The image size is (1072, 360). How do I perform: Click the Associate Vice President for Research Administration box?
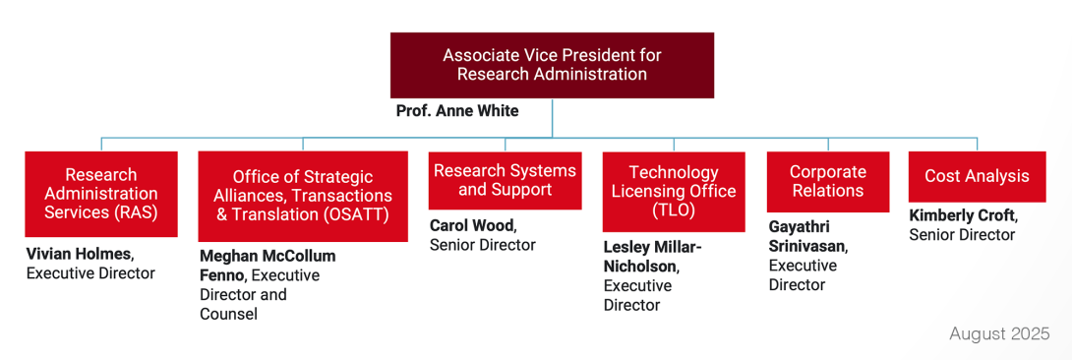pyautogui.click(x=552, y=65)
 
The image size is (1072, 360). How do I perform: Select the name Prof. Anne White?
pyautogui.click(x=457, y=111)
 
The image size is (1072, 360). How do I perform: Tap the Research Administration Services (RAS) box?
pyautogui.click(x=101, y=194)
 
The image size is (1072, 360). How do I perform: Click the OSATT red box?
pyautogui.click(x=303, y=196)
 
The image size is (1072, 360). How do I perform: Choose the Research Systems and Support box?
pyautogui.click(x=506, y=180)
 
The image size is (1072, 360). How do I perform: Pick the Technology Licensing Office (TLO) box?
pyautogui.click(x=674, y=192)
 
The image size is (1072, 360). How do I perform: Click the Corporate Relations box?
pyautogui.click(x=828, y=182)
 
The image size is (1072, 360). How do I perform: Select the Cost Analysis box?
pyautogui.click(x=977, y=176)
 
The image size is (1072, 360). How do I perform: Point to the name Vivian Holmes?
pyautogui.click(x=79, y=255)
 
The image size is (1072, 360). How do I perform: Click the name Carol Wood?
pyautogui.click(x=470, y=226)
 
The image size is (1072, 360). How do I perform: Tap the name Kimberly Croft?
pyautogui.click(x=963, y=215)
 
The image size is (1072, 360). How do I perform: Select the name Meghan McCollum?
pyautogui.click(x=268, y=256)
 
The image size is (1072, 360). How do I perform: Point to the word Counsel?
pyautogui.click(x=228, y=314)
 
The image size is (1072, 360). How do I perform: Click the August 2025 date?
pyautogui.click(x=999, y=334)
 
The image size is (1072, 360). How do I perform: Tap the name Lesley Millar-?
pyautogui.click(x=652, y=247)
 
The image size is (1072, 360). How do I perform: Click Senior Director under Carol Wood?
pyautogui.click(x=483, y=245)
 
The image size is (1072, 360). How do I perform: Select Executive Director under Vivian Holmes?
pyautogui.click(x=90, y=273)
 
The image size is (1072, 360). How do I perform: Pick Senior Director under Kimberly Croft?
pyautogui.click(x=962, y=234)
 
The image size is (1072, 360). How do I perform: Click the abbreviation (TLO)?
pyautogui.click(x=674, y=210)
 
